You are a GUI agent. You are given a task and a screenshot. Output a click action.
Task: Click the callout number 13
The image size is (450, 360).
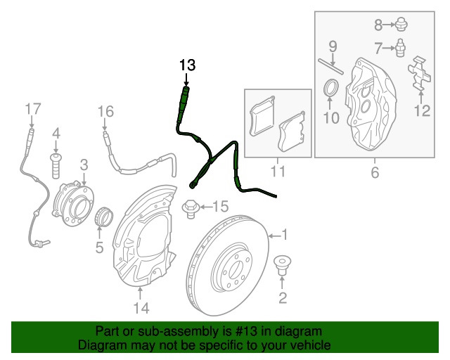point(186,65)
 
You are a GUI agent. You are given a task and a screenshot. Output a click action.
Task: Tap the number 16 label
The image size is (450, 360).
point(105,112)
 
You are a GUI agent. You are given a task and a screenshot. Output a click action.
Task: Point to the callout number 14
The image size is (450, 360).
point(140,308)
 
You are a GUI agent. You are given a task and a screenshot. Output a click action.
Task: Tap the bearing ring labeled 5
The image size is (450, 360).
point(103,216)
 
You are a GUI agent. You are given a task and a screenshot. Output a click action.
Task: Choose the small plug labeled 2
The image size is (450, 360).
point(282,266)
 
